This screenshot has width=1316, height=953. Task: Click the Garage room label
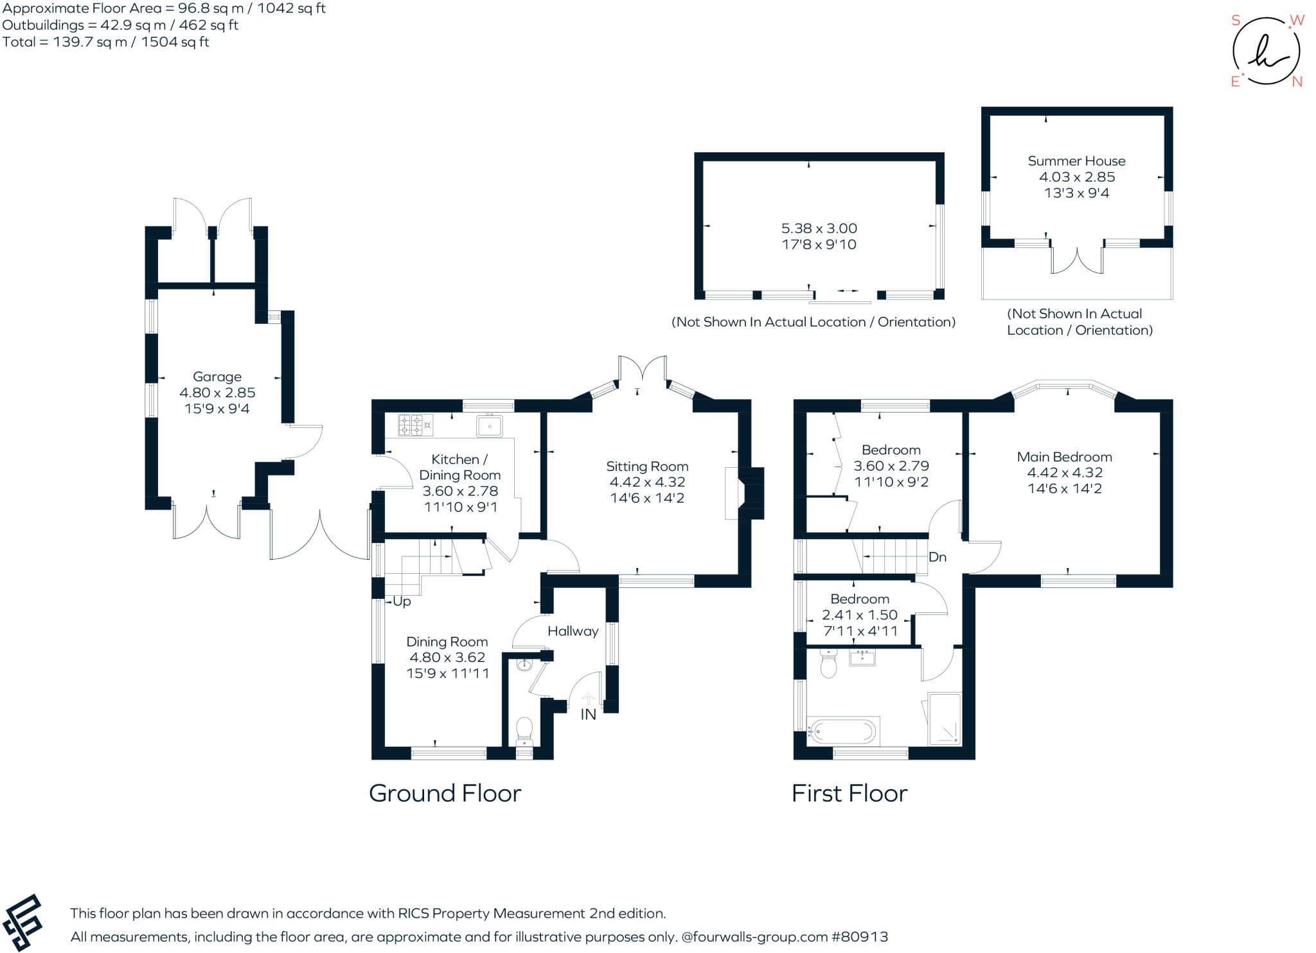[x=217, y=377]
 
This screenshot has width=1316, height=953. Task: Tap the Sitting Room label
[x=647, y=467]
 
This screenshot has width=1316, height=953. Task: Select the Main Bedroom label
[x=1064, y=457]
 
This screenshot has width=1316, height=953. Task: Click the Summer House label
[x=1076, y=161]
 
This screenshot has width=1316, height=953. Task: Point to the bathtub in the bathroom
[x=843, y=731]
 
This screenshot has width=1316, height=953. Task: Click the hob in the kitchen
[x=415, y=425]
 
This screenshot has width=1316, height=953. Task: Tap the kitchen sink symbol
[x=490, y=426]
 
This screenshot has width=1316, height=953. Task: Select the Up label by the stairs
[x=402, y=601]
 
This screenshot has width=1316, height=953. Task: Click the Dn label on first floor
[x=937, y=557]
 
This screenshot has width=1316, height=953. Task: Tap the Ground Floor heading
[x=445, y=794]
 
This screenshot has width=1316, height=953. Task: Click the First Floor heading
[x=849, y=794]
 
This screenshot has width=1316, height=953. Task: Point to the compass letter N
[x=1297, y=82]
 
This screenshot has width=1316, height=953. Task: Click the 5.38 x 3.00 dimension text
[x=819, y=229]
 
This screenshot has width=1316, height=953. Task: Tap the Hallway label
[x=573, y=631]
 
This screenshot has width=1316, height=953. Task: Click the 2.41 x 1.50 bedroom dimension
[x=860, y=615]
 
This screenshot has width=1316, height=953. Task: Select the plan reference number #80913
[x=860, y=937]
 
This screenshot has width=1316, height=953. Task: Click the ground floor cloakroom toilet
[x=524, y=731]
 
